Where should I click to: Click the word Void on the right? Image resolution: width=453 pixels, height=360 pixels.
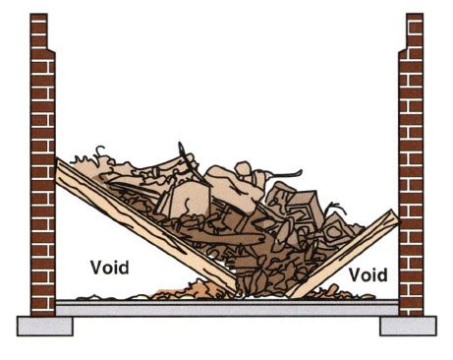coord(367,273)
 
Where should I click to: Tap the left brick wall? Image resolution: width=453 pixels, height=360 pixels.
coord(41,197)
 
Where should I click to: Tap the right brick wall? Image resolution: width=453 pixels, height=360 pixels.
coord(411,197)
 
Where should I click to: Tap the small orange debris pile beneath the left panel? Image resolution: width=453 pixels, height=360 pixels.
coord(197,291)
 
